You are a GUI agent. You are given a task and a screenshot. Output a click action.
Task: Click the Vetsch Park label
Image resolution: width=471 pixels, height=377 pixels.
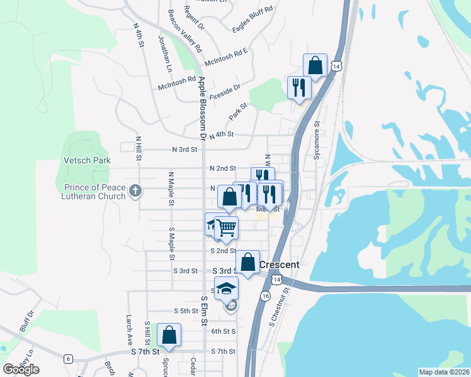87,160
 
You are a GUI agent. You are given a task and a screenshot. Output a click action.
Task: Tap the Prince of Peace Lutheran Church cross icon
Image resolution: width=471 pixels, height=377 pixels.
135,190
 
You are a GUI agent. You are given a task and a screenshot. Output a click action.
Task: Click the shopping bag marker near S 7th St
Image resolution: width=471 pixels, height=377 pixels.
169,335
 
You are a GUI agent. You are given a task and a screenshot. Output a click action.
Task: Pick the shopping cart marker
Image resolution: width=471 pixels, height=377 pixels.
227,227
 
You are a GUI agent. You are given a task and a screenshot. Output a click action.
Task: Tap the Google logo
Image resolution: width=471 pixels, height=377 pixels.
21,369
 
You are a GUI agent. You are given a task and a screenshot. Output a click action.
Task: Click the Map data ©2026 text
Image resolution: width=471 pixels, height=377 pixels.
443,372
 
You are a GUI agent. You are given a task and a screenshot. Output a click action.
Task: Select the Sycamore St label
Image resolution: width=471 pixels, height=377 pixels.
317,140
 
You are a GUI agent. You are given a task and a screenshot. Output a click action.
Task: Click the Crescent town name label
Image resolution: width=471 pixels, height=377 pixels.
280,265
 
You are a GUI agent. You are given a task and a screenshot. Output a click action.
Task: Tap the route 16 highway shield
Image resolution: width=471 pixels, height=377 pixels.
266,296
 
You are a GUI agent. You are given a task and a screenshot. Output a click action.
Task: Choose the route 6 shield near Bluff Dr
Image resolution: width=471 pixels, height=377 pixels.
67,358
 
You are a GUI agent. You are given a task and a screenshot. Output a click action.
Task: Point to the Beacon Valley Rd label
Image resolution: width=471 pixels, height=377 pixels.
184,30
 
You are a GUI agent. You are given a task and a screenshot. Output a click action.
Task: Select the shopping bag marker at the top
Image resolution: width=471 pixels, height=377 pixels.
315,65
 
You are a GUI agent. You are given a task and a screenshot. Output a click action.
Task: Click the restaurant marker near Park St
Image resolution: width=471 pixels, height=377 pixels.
298,87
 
